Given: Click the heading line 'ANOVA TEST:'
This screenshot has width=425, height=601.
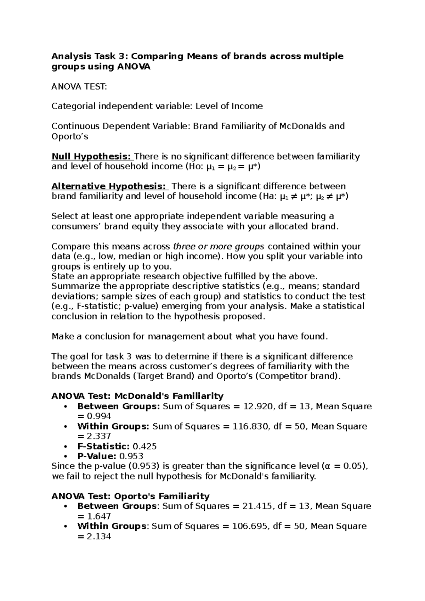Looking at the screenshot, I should click(79, 86).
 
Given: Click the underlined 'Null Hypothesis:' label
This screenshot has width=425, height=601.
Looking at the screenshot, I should click(91, 157).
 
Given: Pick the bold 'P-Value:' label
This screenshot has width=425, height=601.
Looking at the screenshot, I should click(97, 456).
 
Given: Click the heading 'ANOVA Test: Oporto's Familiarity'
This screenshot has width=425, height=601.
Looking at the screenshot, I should click(131, 496).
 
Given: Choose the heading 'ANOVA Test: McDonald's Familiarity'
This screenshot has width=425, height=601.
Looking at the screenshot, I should click(137, 396).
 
